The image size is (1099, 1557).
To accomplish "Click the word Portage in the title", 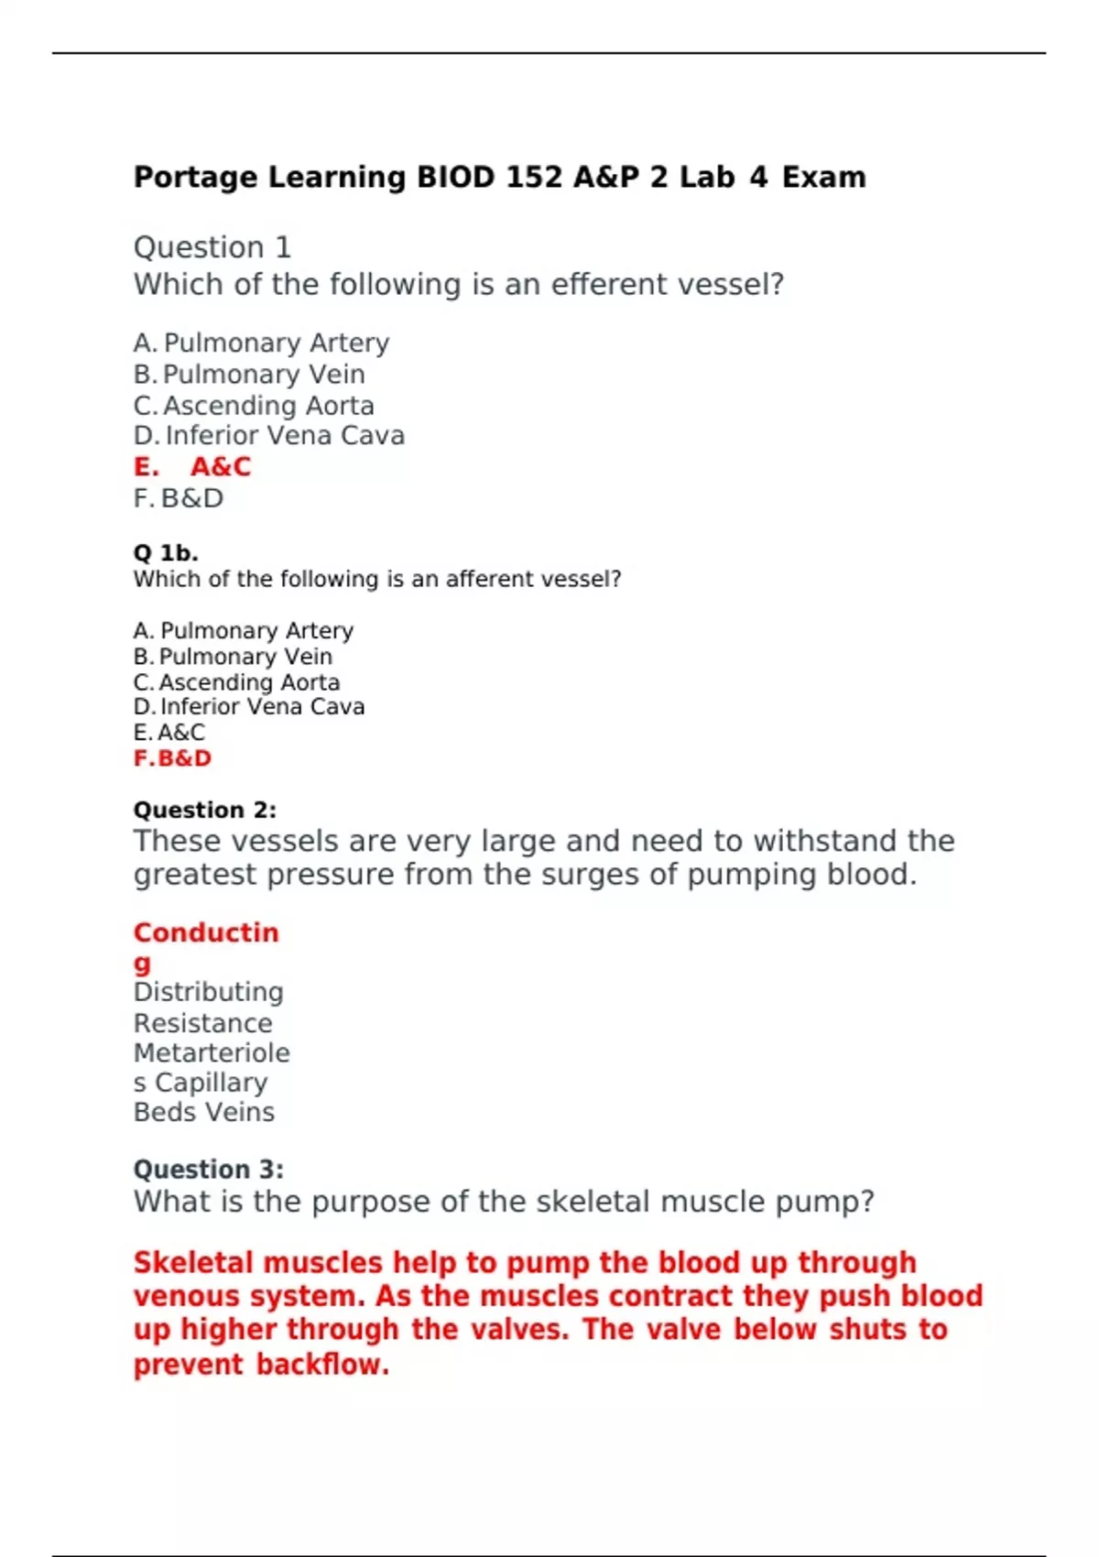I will coord(195,177).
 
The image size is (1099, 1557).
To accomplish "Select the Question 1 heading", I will coord(212,247).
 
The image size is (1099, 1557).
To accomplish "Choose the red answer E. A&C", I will coord(192,467).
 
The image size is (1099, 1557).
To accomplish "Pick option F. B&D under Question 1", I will coord(179,498).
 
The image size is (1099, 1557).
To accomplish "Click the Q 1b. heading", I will coord(166,553).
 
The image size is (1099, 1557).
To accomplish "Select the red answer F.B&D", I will coord(172,758).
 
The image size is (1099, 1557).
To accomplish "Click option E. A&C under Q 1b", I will coord(169,733).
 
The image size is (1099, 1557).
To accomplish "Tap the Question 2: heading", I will coord(205,811).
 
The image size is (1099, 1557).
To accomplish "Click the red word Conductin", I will coord(206,932).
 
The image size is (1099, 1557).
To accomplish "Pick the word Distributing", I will coord(209,992).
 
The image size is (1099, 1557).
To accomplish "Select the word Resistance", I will coord(203,1023).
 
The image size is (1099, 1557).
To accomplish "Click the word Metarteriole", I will coord(212,1053).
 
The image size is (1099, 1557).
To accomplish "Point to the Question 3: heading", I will coord(209,1170).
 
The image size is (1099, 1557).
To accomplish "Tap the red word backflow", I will coord(322,1365).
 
